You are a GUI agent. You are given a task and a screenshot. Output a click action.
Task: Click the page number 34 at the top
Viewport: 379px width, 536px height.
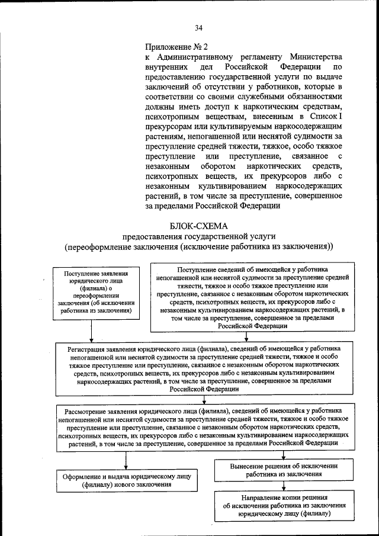(x=198, y=27)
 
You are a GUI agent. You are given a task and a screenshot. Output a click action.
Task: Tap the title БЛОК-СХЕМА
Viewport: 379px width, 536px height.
(x=198, y=226)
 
